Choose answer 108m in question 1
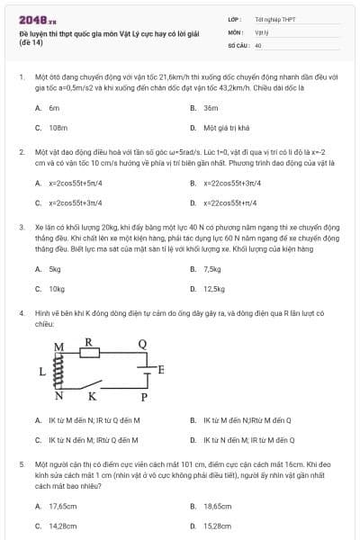(58, 128)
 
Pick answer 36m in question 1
(211, 107)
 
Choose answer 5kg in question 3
(55, 268)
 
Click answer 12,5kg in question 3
(214, 289)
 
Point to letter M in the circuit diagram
(60, 346)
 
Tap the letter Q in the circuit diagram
(142, 344)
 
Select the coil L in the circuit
(61, 370)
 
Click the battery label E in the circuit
(161, 370)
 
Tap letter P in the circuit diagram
(143, 397)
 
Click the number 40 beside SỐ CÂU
(258, 44)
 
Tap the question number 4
(21, 312)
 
